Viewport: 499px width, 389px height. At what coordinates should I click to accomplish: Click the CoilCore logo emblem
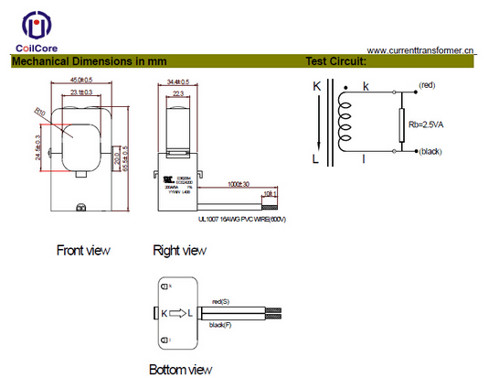(x=37, y=27)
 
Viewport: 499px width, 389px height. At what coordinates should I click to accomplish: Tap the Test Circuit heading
(x=335, y=62)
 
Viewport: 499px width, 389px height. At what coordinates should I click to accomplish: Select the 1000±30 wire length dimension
(x=240, y=183)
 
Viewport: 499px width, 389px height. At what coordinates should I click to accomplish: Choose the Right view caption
(x=180, y=250)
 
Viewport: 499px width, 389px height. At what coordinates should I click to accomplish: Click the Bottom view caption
(x=180, y=370)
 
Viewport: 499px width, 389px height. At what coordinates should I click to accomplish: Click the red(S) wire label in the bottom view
(x=219, y=301)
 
